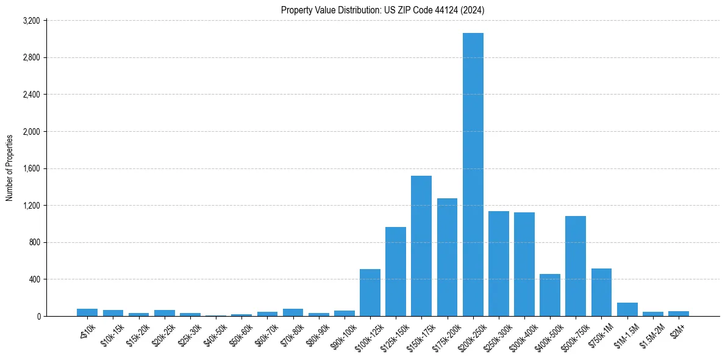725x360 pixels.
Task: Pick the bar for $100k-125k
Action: click(370, 293)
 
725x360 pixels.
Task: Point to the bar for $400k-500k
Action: click(550, 295)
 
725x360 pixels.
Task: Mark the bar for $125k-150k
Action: click(396, 272)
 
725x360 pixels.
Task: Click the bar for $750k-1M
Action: click(601, 292)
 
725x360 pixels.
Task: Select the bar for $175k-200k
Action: click(447, 257)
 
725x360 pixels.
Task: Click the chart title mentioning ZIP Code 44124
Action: click(383, 10)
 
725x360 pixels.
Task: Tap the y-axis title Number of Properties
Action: click(10, 168)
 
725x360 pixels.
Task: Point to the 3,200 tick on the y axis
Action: click(31, 21)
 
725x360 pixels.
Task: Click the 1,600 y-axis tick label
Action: click(31, 168)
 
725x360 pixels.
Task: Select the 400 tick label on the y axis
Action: click(34, 279)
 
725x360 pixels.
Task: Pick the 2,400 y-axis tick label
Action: click(31, 95)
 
